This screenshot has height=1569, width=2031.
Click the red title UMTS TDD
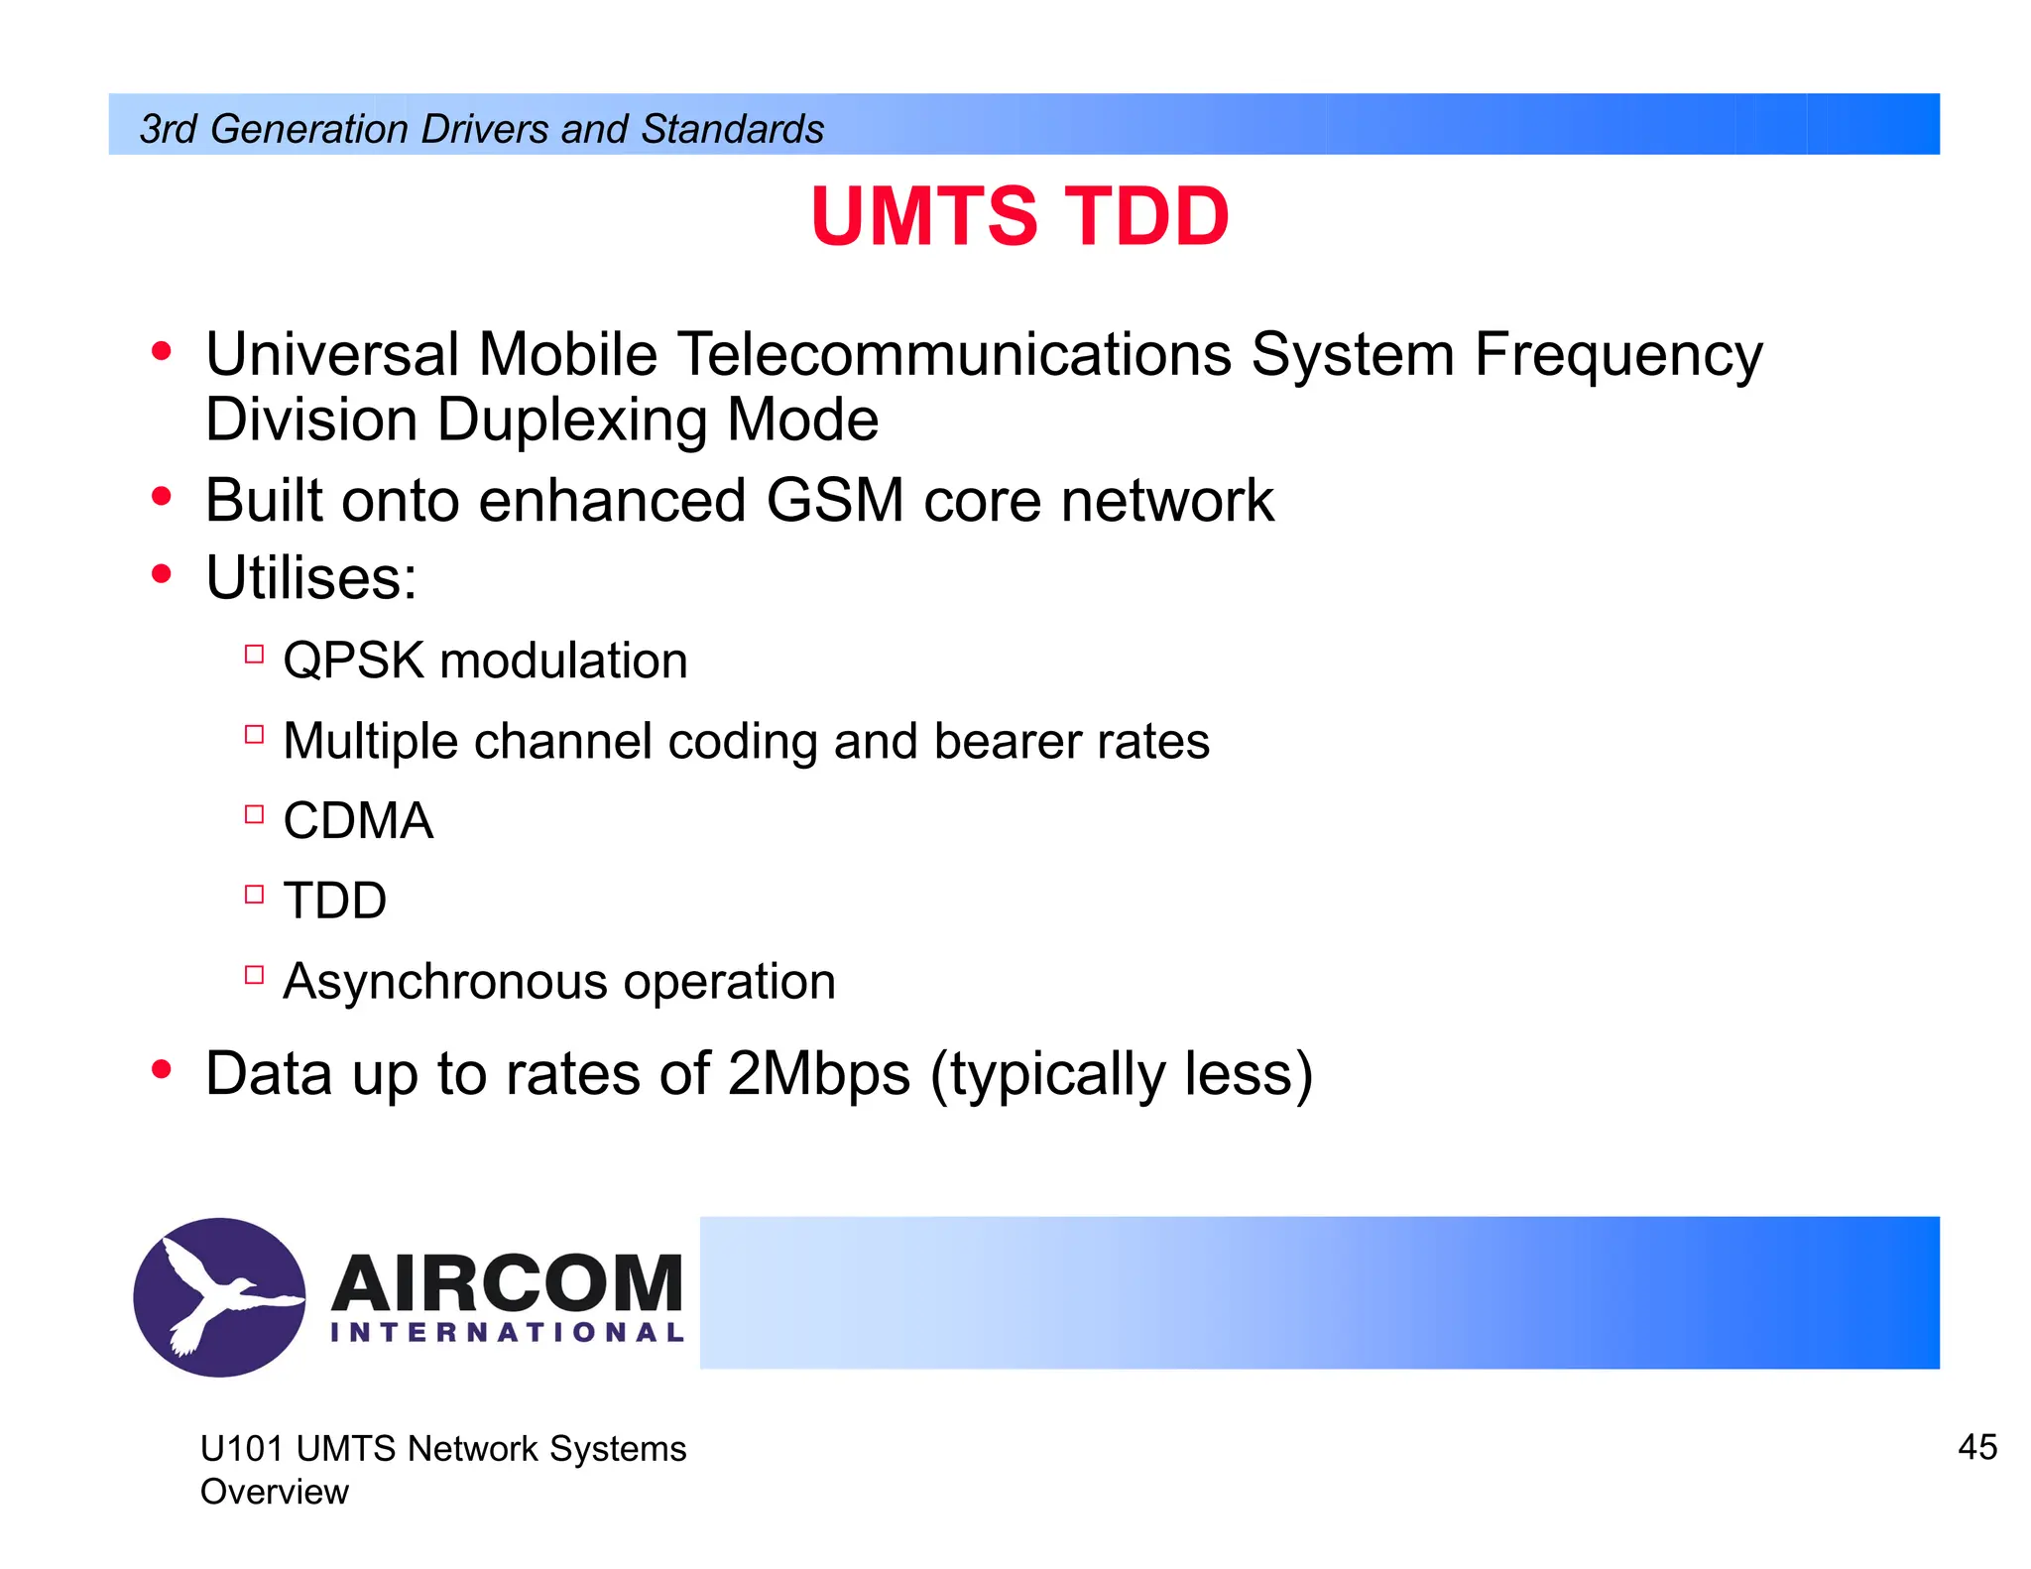pos(1019,216)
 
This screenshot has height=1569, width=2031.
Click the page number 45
pos(1976,1447)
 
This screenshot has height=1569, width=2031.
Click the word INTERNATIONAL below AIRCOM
pos(507,1333)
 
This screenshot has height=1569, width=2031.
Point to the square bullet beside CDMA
pos(254,814)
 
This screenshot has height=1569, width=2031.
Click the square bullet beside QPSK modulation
pos(254,654)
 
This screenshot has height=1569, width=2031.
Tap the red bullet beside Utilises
pos(162,574)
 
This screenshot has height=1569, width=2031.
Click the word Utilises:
pos(310,577)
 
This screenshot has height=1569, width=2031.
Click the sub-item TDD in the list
pos(334,901)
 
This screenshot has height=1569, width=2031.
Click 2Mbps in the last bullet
pos(818,1074)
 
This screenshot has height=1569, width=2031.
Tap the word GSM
pos(834,500)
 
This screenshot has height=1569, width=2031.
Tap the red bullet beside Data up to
pos(162,1070)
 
